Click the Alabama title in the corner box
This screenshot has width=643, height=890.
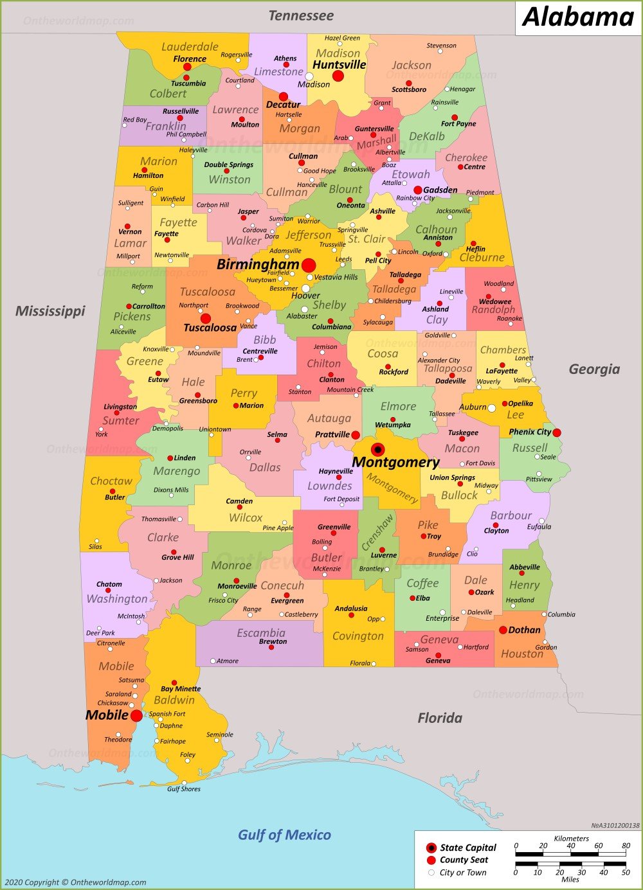(578, 17)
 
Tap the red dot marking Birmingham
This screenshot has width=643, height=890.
(309, 265)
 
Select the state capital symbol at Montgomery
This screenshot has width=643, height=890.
(378, 449)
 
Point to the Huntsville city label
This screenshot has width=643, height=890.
(339, 65)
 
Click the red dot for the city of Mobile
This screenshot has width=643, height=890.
(136, 715)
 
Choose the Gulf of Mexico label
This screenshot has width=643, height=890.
(284, 835)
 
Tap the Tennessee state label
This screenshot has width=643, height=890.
(301, 15)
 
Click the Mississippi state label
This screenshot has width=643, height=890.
(50, 311)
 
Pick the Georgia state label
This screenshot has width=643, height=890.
(594, 369)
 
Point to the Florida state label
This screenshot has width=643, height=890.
(440, 718)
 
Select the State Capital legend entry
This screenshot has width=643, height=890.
(467, 848)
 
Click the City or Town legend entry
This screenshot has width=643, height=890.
(462, 873)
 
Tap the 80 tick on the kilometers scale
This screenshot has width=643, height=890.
(626, 846)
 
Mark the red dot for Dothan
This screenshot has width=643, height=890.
(503, 630)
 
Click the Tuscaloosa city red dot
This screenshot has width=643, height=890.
(206, 318)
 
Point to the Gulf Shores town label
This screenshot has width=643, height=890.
(184, 789)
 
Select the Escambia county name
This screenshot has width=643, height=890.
(261, 632)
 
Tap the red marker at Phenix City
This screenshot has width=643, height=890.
(556, 432)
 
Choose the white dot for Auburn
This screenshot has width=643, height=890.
(492, 407)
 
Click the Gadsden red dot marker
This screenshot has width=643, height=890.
(417, 190)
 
